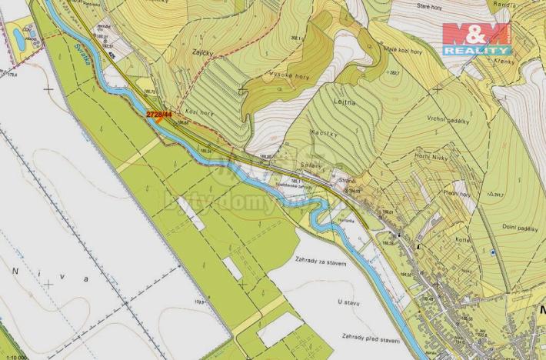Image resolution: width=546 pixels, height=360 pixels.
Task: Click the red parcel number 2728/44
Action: click(158, 114)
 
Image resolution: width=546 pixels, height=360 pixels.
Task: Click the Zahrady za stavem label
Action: click(319, 263)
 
